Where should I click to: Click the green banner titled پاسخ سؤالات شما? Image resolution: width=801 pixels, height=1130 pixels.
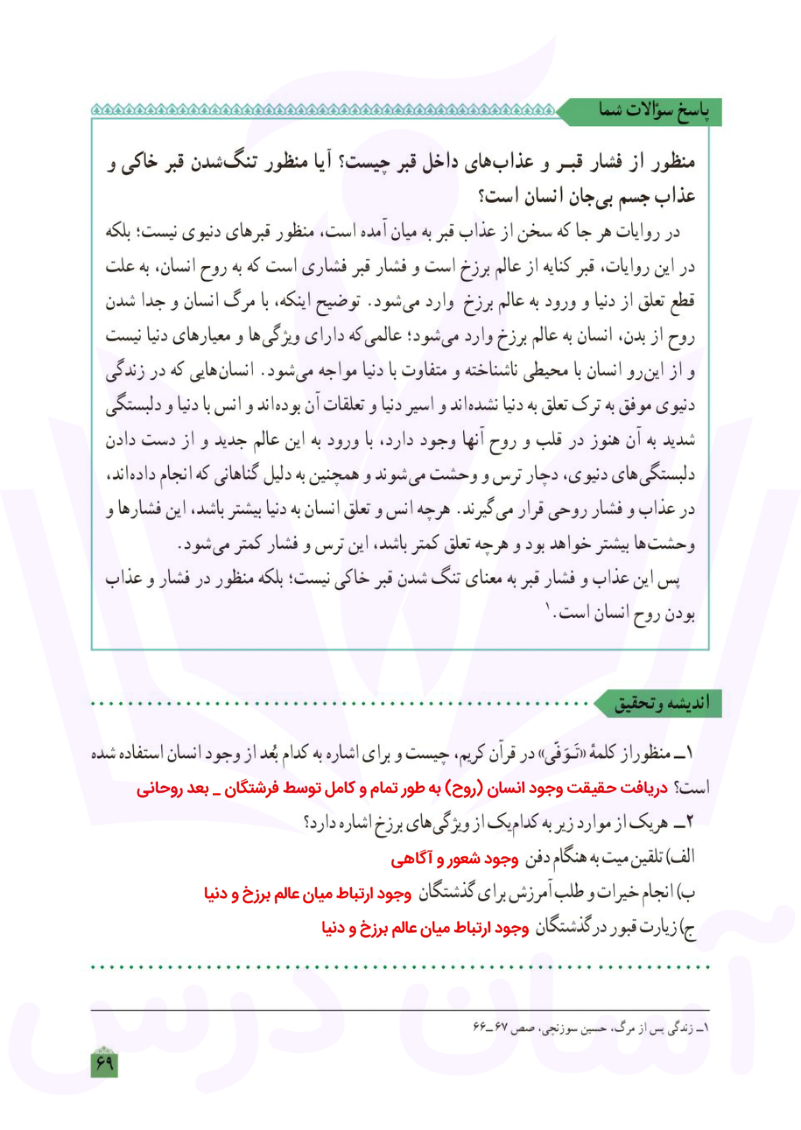tap(651, 111)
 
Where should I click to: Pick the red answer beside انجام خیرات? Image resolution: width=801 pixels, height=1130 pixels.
tap(308, 893)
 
